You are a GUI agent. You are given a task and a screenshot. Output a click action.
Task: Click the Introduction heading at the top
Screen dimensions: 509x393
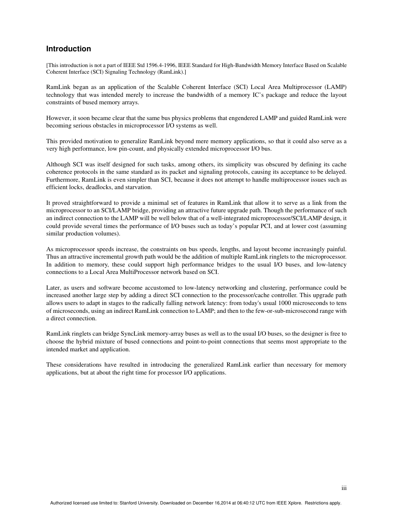[x=68, y=49]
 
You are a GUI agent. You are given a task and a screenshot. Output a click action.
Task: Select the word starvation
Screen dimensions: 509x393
[x=138, y=187]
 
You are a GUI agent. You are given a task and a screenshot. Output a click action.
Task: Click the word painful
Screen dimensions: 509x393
[x=334, y=249]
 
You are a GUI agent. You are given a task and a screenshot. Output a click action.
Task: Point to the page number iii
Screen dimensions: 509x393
[x=344, y=488]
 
